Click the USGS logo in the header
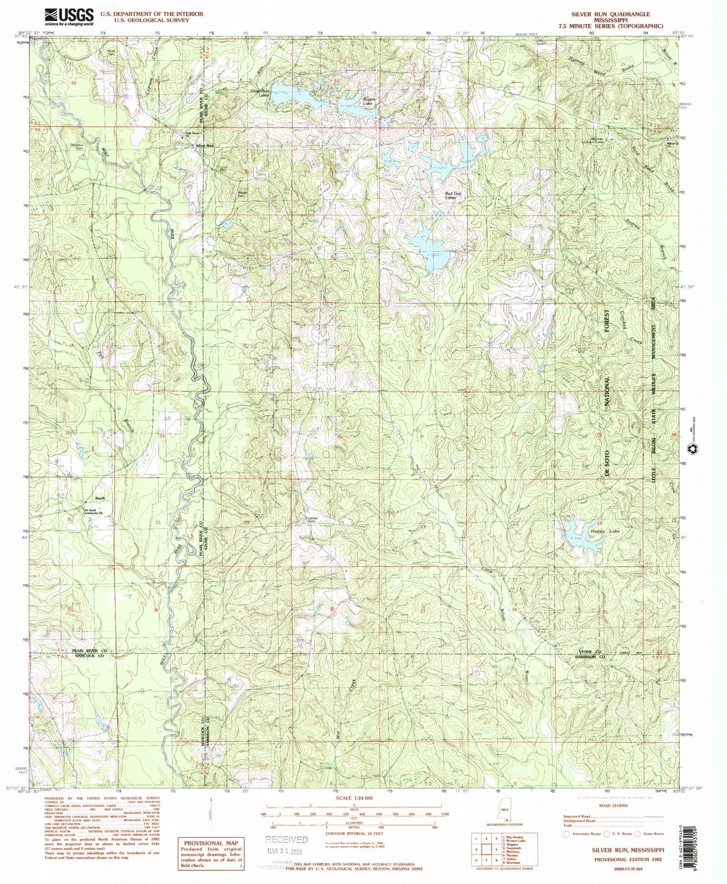click(x=69, y=17)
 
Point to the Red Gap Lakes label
click(x=453, y=196)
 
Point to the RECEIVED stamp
click(x=286, y=839)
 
